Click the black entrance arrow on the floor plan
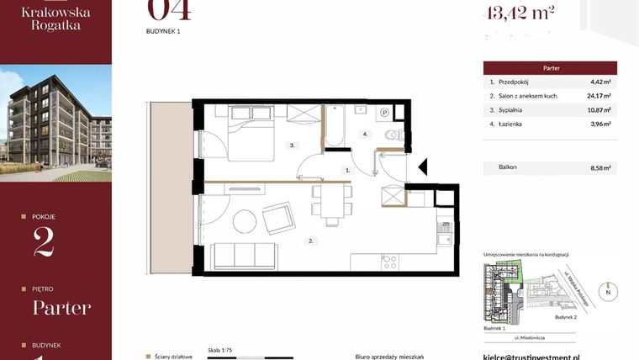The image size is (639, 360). pos(422,167)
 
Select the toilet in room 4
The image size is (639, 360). pos(389,135)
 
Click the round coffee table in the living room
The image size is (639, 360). pos(245,221)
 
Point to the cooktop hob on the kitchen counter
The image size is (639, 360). pos(390,262)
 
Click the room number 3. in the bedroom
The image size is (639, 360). pos(292,145)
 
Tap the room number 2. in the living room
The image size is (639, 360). pos(310,241)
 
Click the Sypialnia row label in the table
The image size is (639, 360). pos(508,109)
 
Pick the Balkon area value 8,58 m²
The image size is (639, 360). pos(600,167)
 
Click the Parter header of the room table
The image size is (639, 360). pos(550,68)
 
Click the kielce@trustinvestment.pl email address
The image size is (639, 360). pos(542,357)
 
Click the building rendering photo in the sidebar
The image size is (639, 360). pos(55,123)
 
